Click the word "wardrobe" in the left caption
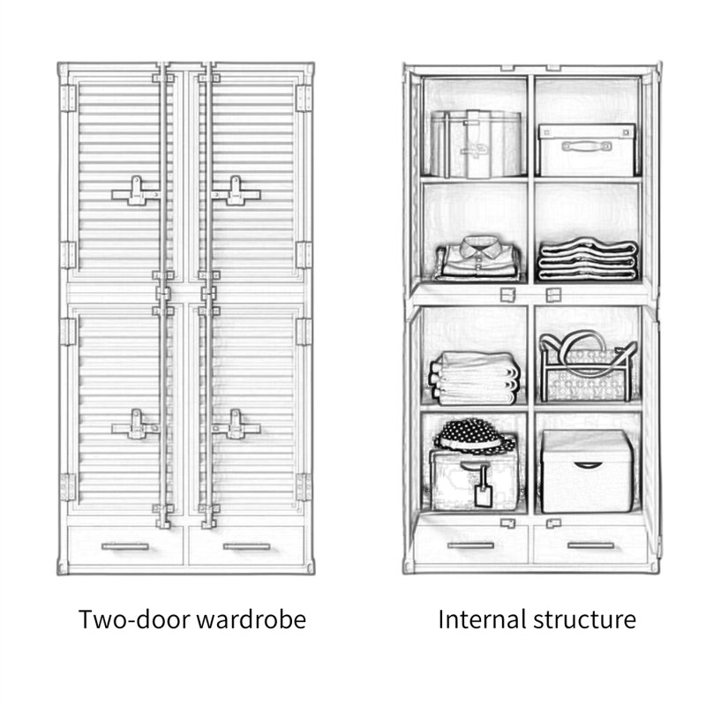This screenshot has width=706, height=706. (252, 620)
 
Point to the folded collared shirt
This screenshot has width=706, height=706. (478, 258)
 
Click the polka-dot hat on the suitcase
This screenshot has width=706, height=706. (475, 436)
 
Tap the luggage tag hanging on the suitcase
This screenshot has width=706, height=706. (483, 490)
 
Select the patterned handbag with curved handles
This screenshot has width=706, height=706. (588, 367)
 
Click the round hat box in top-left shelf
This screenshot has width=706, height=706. (477, 144)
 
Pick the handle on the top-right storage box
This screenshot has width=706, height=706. (586, 146)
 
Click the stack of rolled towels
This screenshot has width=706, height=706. (475, 379)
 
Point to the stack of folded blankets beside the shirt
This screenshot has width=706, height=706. (588, 259)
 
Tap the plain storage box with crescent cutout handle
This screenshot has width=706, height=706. (587, 471)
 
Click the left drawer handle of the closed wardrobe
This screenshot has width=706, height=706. (125, 546)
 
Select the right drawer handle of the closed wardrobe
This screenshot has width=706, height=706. (247, 546)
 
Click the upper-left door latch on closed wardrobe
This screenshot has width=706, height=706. (136, 192)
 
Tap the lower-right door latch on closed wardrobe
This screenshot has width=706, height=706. (236, 425)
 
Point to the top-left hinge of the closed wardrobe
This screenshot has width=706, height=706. (69, 98)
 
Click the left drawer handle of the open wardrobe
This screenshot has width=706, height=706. (470, 545)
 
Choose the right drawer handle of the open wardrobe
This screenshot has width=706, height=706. (590, 545)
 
